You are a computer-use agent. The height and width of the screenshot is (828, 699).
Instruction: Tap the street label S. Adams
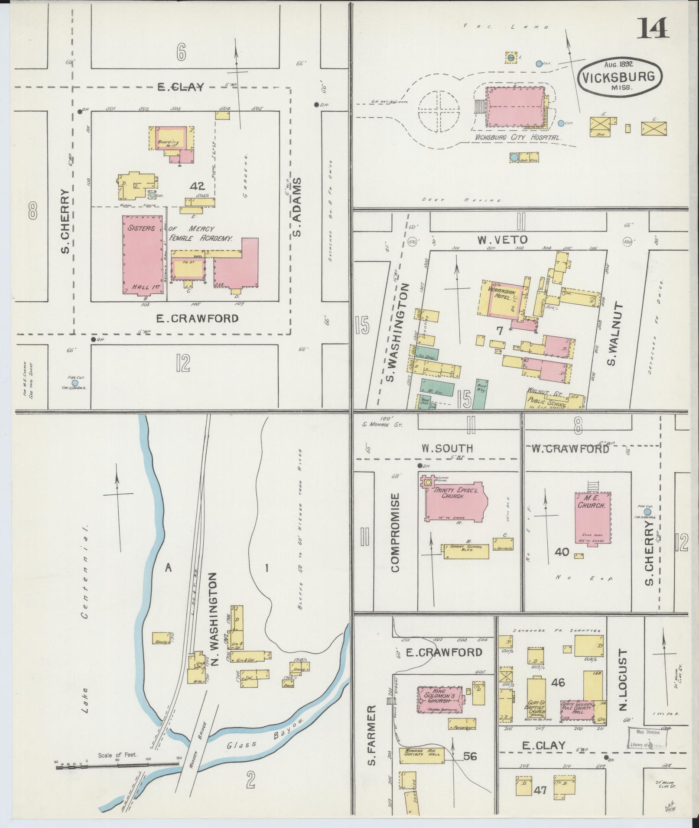297,207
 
